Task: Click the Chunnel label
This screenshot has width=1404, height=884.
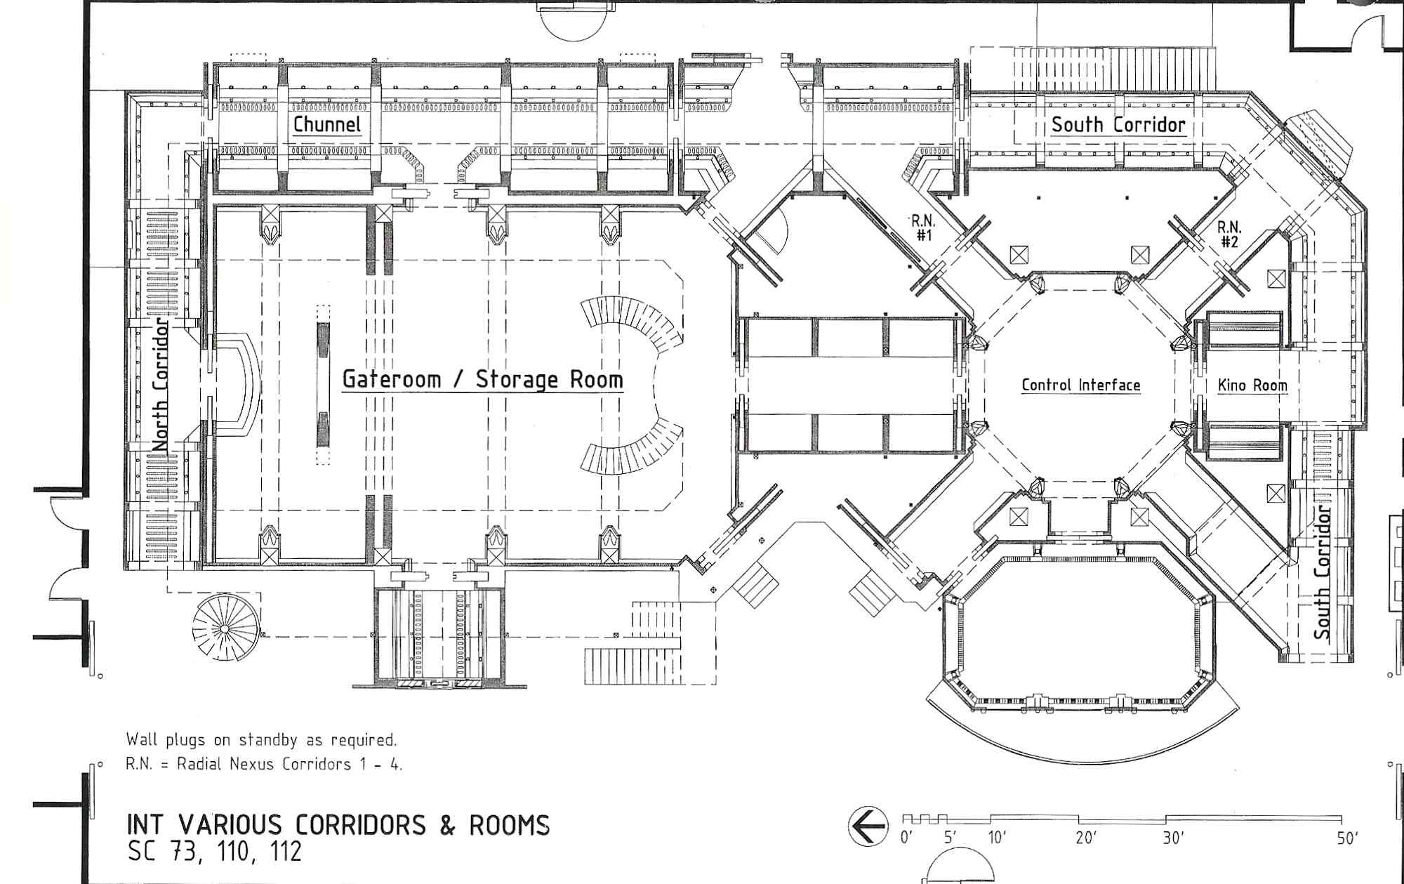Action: coord(327,125)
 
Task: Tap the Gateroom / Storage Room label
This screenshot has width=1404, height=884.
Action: coord(482,380)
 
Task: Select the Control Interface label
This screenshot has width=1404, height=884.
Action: coord(1081,385)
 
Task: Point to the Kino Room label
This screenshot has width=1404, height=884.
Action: coord(1252,385)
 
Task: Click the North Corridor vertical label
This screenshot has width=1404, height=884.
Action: coord(162,383)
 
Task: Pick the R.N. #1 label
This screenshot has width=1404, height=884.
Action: coord(922,228)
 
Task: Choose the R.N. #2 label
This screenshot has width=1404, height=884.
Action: coord(1229,235)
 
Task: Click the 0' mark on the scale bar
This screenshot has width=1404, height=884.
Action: coord(907,838)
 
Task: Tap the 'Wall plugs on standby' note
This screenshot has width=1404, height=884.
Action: coord(261,739)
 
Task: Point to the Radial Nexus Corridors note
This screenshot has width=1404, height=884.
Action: coord(264,764)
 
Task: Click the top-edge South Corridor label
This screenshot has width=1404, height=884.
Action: coord(1118,125)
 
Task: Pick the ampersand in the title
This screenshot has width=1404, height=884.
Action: coord(446,825)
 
